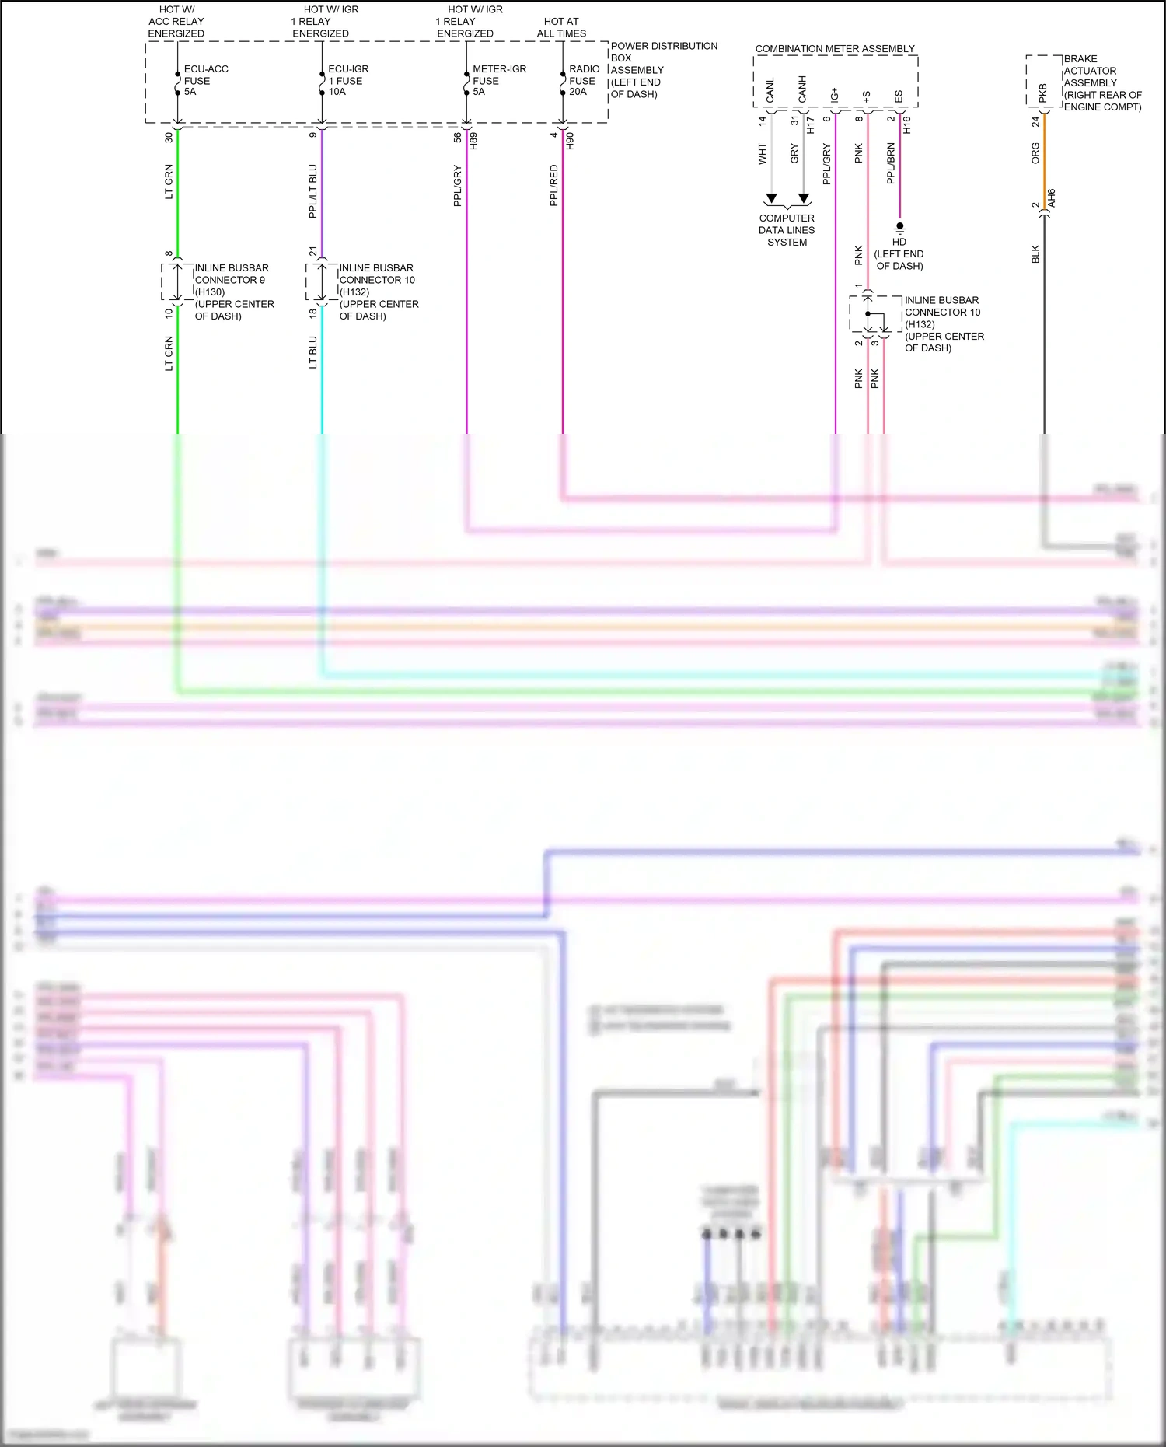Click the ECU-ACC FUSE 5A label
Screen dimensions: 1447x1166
(x=205, y=80)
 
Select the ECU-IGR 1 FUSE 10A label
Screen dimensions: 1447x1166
(x=347, y=80)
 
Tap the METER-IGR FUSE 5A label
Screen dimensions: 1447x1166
(x=498, y=80)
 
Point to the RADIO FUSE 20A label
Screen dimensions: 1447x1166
(x=584, y=80)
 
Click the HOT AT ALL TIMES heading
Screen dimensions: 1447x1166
(x=561, y=27)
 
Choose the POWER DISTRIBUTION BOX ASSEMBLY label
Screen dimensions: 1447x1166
(x=663, y=70)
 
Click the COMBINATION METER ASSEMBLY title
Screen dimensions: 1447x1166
(x=835, y=48)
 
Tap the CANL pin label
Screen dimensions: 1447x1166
(x=770, y=90)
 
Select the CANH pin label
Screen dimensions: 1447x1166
(x=802, y=89)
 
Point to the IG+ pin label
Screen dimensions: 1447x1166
(x=835, y=94)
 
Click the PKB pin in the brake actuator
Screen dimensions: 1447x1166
(x=1043, y=93)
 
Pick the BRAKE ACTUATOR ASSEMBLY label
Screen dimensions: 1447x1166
(x=1102, y=82)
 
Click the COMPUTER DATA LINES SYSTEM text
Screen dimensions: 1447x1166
(x=787, y=230)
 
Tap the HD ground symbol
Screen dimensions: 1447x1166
(x=899, y=228)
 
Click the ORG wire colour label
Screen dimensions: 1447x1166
(x=1035, y=152)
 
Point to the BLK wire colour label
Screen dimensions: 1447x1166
(x=1035, y=254)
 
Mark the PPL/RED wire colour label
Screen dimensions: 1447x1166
(x=554, y=185)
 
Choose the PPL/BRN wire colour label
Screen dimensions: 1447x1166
(x=891, y=163)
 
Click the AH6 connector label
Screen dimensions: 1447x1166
(x=1051, y=197)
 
